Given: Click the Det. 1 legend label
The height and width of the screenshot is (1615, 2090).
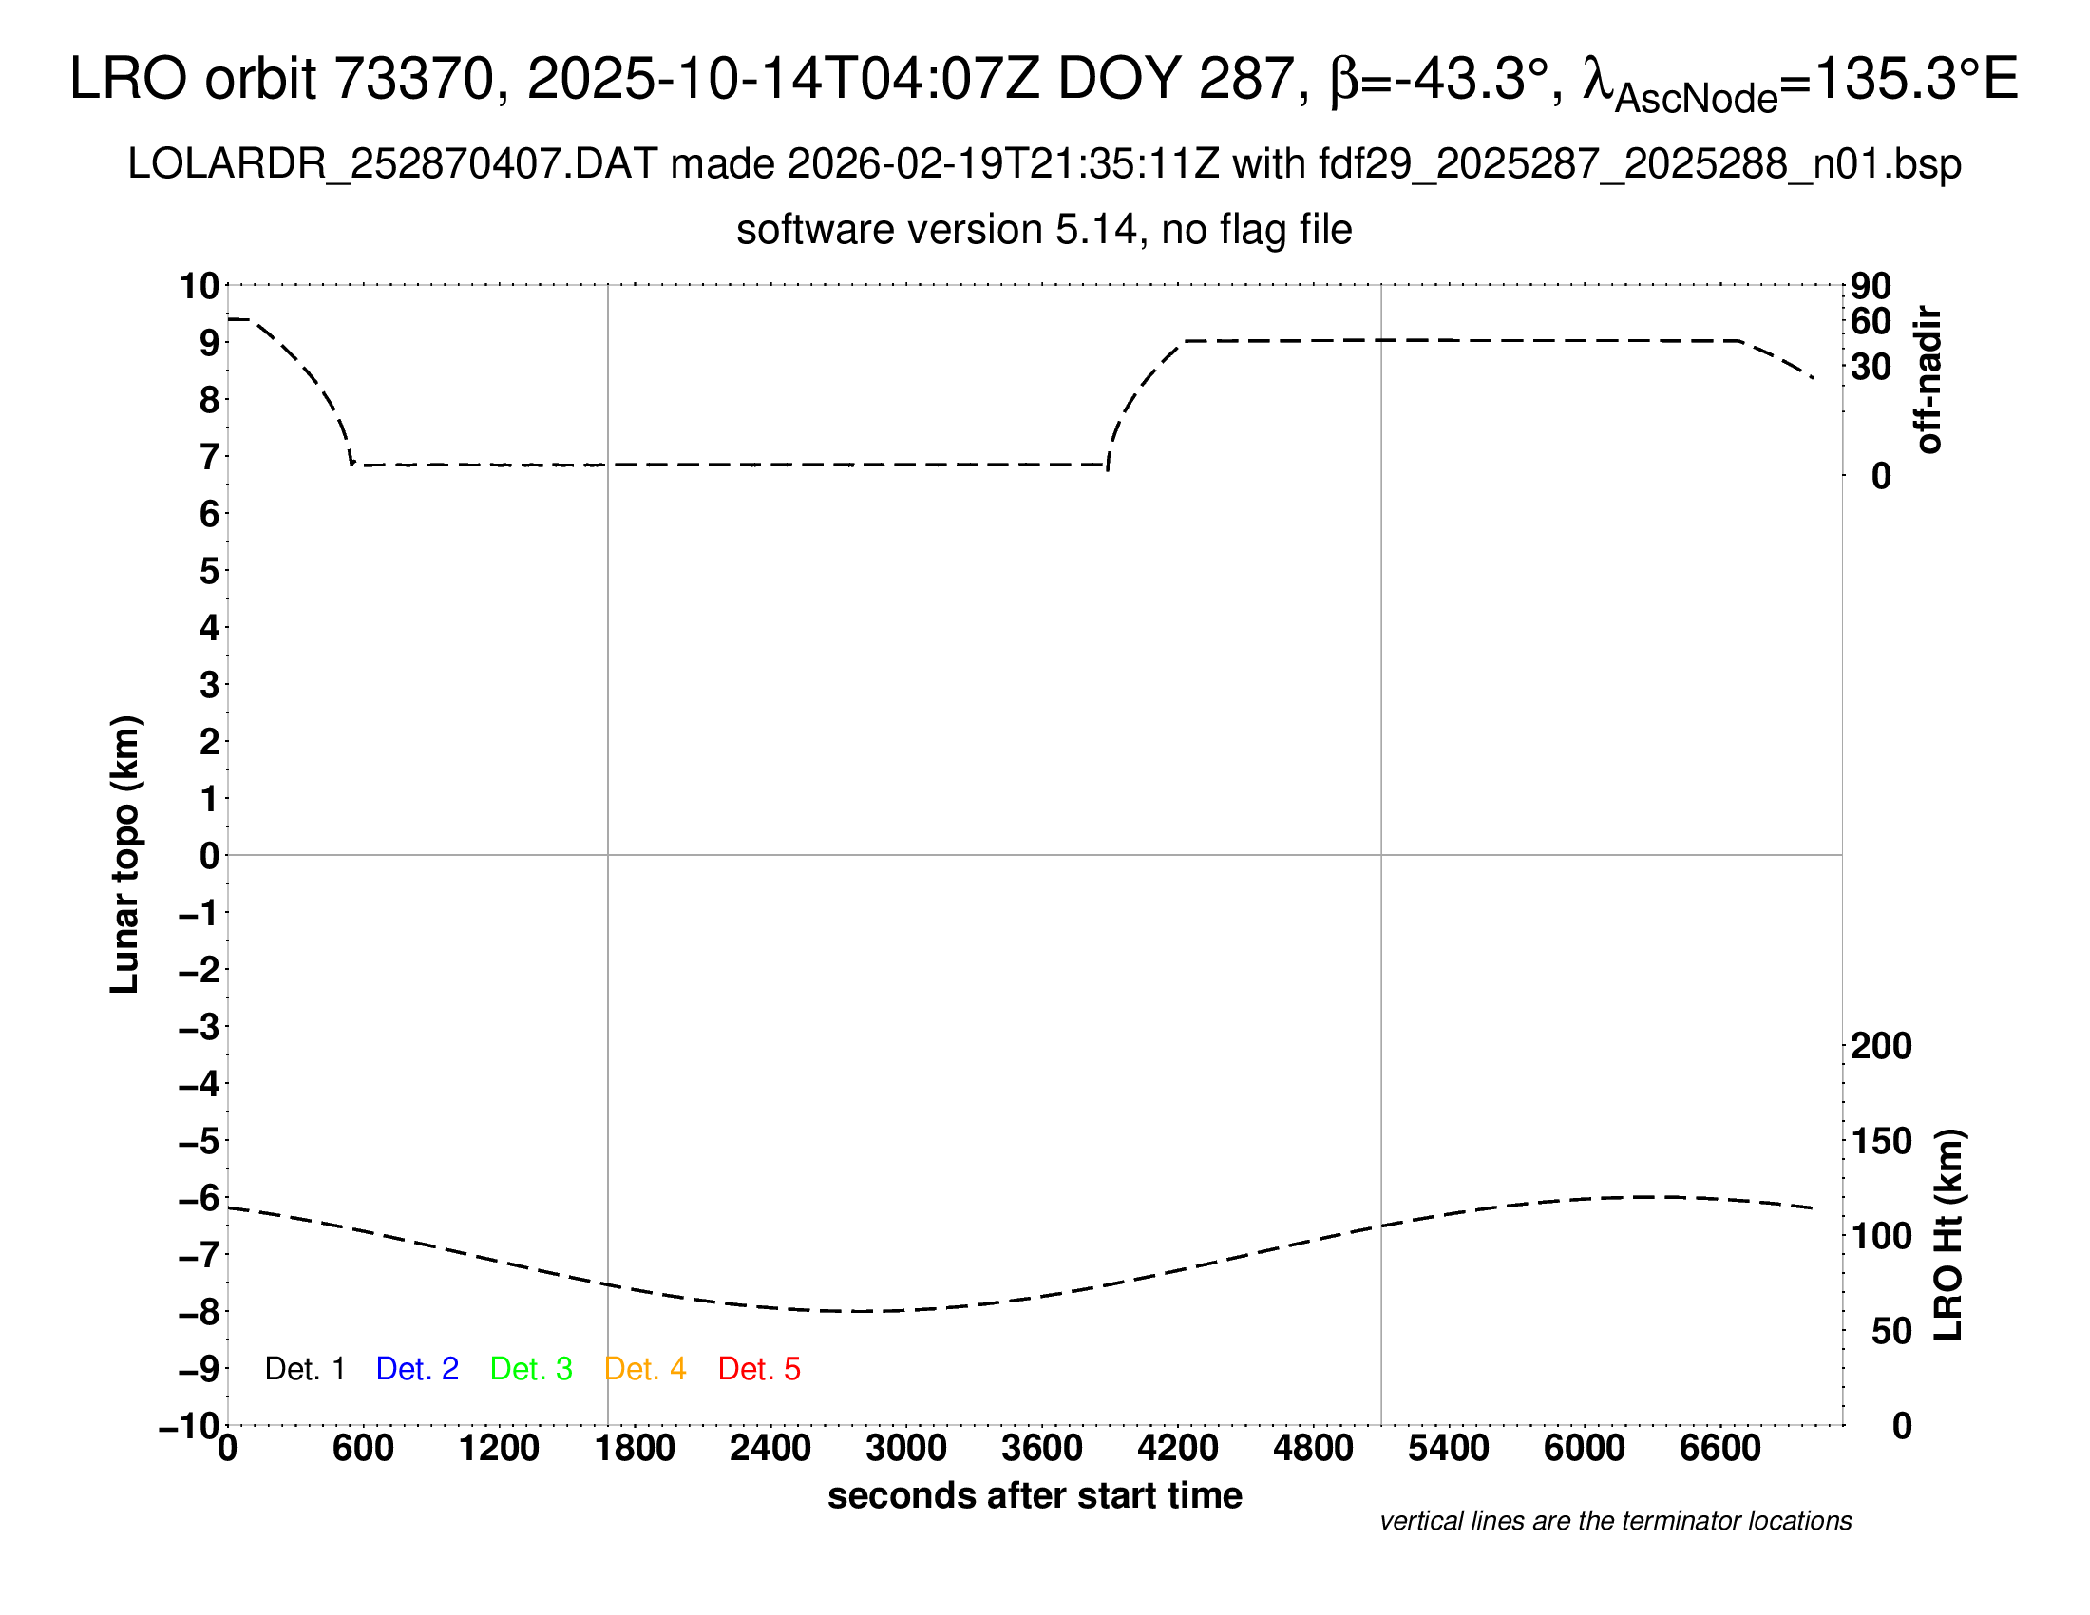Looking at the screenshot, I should point(304,1369).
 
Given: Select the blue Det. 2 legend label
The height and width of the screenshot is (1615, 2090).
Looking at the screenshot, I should point(417,1369).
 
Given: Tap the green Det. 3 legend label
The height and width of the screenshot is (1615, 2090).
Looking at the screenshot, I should point(531,1369).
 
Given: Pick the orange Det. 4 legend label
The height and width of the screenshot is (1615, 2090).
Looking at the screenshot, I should point(645,1369).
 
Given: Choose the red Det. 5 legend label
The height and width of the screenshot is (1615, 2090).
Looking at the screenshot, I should point(759,1369).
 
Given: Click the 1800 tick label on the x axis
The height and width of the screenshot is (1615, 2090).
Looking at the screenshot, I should point(635,1449).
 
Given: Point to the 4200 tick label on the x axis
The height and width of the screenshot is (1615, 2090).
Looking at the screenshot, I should point(1177,1449).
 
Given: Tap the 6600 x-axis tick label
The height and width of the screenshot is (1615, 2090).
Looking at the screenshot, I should point(1719,1449).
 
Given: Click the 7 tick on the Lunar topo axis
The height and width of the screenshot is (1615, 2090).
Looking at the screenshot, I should point(210,457).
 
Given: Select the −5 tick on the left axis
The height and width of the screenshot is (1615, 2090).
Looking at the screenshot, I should point(199,1141).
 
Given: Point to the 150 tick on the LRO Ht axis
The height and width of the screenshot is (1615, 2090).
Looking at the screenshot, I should point(1881,1141).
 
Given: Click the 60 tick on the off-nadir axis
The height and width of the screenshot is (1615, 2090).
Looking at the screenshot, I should point(1871,321).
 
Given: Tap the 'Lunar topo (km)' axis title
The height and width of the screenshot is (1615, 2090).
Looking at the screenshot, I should point(125,854).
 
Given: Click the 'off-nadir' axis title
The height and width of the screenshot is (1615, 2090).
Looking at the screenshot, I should point(1928,380).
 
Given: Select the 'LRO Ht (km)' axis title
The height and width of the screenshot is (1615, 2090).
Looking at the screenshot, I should point(1947,1235).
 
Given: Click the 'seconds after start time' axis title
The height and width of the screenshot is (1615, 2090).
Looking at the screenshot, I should point(1035,1495).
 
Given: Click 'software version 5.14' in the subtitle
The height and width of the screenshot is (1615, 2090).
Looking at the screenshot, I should point(937,230).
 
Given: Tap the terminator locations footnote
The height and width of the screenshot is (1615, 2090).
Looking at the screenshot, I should point(1615,1521).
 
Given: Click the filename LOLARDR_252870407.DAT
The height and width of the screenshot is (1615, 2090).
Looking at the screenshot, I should point(392,164).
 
